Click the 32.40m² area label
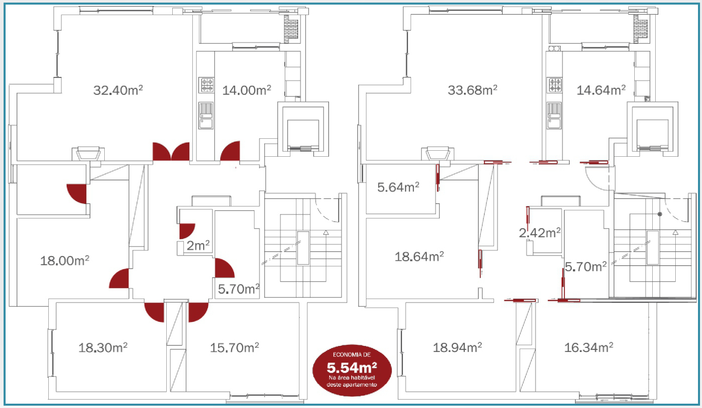click(x=118, y=90)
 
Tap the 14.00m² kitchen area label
click(x=247, y=90)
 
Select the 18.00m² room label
click(x=65, y=261)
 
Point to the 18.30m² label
click(x=103, y=348)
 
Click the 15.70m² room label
click(x=234, y=348)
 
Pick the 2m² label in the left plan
click(x=198, y=246)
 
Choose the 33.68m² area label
click(x=472, y=90)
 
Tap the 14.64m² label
click(x=601, y=90)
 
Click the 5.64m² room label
click(x=398, y=187)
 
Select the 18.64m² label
click(x=419, y=257)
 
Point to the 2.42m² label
click(x=540, y=233)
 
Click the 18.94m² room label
click(x=457, y=348)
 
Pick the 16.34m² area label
click(x=588, y=348)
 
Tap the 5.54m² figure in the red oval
click(x=352, y=368)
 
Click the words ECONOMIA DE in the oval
click(x=352, y=355)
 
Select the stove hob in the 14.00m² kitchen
click(x=206, y=85)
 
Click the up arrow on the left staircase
click(x=326, y=232)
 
